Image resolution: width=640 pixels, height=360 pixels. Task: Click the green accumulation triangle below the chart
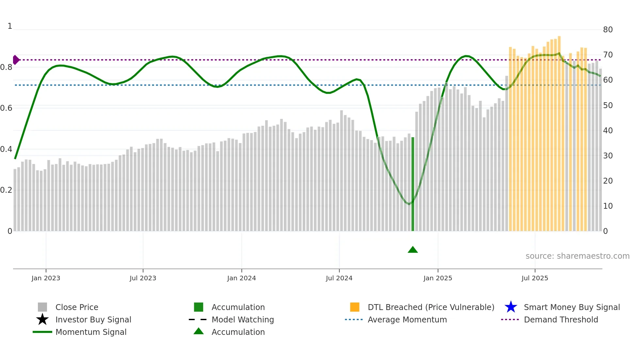point(413,250)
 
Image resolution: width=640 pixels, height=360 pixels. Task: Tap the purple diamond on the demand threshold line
point(16,60)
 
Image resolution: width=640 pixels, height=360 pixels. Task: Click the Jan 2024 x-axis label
point(241,278)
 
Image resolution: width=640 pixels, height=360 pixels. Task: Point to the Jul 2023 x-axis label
point(143,278)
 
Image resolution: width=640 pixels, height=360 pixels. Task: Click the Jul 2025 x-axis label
point(535,278)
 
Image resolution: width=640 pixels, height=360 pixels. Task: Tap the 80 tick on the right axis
point(608,30)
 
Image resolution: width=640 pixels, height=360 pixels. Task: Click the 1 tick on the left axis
point(10,26)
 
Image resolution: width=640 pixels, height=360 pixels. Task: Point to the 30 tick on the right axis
point(608,156)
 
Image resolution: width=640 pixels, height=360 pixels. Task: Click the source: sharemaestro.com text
point(577,256)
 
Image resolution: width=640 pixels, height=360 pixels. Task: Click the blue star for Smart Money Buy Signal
point(511,307)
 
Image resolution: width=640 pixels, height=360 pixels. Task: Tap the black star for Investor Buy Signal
point(42,319)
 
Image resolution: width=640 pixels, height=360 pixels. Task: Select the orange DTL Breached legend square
point(355,307)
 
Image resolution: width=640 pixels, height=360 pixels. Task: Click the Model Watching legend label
point(243,319)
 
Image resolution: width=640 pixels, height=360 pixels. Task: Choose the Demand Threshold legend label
point(561,319)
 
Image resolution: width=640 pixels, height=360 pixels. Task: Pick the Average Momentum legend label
point(407,319)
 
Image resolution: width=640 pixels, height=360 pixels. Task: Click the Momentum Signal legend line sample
point(42,332)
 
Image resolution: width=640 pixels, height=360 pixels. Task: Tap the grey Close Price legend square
point(42,307)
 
